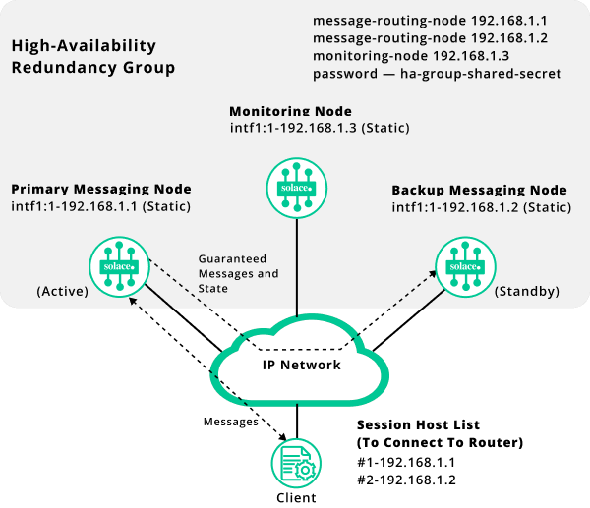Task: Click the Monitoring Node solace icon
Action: pos(296,188)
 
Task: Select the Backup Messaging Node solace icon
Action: pos(464,266)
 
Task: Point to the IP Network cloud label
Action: pos(302,365)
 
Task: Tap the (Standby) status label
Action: pos(526,292)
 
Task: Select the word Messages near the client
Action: pos(231,421)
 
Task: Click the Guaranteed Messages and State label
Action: pos(238,273)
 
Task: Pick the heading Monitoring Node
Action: pos(290,111)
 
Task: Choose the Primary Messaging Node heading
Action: pos(100,189)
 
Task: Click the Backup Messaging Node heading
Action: pos(479,190)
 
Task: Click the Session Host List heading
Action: pos(418,424)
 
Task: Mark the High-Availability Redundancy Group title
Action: pos(92,57)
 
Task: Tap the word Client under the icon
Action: pos(296,497)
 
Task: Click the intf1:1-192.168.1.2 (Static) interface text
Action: pos(481,207)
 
